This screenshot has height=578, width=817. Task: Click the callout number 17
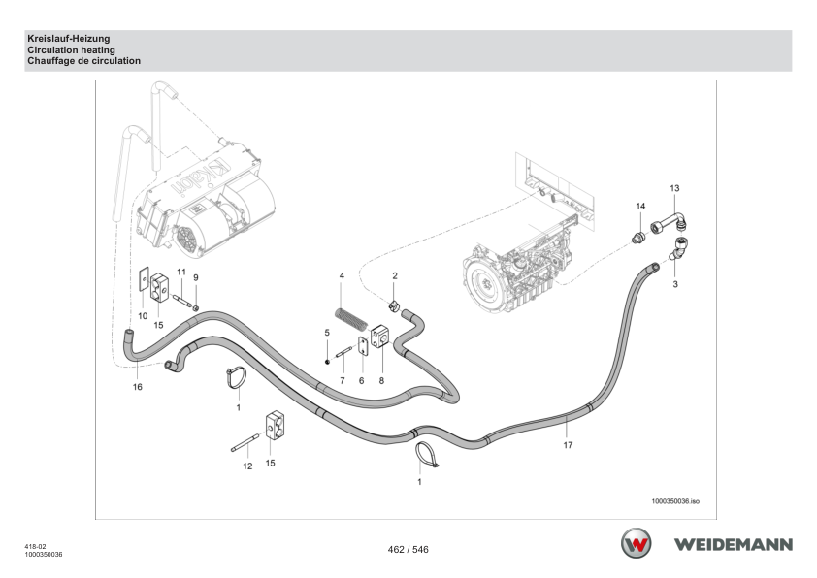click(x=568, y=445)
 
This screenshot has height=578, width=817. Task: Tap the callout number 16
click(x=137, y=387)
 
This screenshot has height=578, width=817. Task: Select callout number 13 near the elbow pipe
click(x=674, y=188)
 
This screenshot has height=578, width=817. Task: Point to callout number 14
click(x=640, y=207)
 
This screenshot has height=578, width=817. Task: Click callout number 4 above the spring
click(x=342, y=275)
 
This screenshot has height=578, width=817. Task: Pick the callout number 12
click(x=247, y=466)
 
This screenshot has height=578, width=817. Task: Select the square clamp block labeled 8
click(x=380, y=337)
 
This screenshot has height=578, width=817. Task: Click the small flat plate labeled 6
click(x=363, y=346)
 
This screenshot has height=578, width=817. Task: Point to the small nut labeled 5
click(x=327, y=362)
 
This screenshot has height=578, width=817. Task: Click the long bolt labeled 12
click(x=245, y=442)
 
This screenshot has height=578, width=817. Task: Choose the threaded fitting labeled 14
click(x=638, y=238)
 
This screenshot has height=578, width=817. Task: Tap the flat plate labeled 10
click(x=144, y=279)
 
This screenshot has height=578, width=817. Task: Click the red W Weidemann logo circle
click(x=636, y=543)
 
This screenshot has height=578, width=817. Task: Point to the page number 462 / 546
click(x=408, y=549)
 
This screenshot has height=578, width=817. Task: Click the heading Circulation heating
click(x=72, y=50)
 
